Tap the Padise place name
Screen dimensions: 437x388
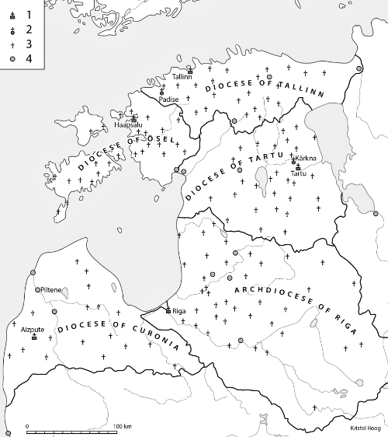(168, 100)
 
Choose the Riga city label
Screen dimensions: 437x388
(180, 311)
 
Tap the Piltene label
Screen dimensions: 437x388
(50, 290)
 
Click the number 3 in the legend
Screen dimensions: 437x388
(29, 45)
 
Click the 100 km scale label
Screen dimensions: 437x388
(123, 427)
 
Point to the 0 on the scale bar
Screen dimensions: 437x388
(27, 427)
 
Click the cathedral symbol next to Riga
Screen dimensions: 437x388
(168, 311)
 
